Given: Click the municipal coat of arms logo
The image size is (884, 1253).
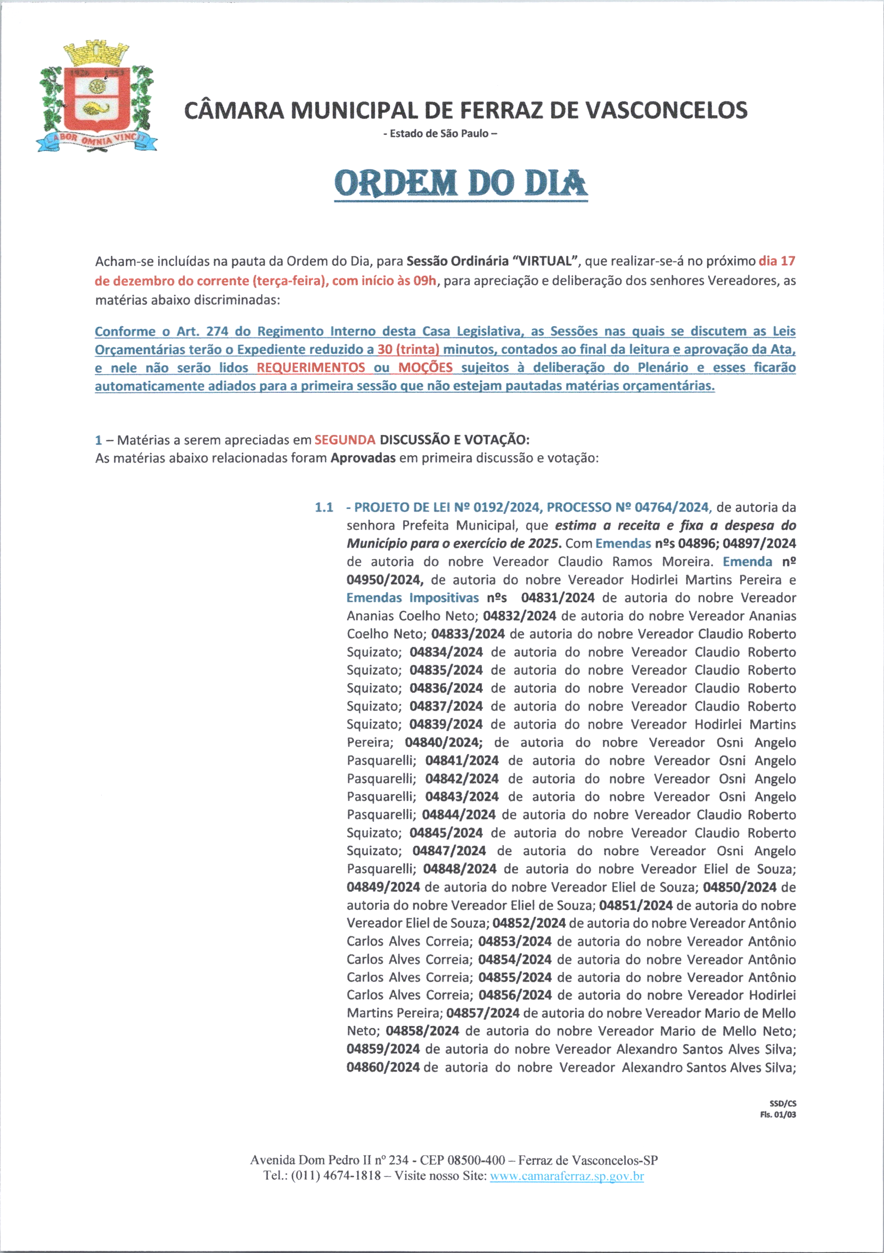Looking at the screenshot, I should pyautogui.click(x=96, y=96).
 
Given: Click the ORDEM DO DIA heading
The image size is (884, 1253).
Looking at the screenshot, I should pyautogui.click(x=461, y=184).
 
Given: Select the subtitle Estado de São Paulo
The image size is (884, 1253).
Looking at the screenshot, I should pyautogui.click(x=440, y=134).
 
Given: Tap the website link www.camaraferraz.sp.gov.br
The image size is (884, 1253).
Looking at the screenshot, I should pyautogui.click(x=567, y=1176).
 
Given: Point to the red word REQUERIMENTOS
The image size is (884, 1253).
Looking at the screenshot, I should pyautogui.click(x=311, y=368).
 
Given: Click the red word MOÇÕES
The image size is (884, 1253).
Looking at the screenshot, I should pyautogui.click(x=425, y=368).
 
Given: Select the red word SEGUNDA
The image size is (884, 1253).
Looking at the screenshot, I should pyautogui.click(x=345, y=439).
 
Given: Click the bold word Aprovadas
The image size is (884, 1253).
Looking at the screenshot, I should pyautogui.click(x=363, y=458).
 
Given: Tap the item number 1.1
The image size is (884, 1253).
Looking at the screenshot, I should pyautogui.click(x=324, y=507).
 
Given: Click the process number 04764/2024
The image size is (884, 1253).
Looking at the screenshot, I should pyautogui.click(x=672, y=507).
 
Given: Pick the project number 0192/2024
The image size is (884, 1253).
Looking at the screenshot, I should pyautogui.click(x=506, y=507).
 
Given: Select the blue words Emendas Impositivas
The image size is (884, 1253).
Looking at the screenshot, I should pyautogui.click(x=412, y=597).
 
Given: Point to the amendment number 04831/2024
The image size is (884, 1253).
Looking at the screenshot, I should pyautogui.click(x=558, y=597).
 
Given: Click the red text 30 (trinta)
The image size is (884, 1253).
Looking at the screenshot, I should pyautogui.click(x=408, y=349).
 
